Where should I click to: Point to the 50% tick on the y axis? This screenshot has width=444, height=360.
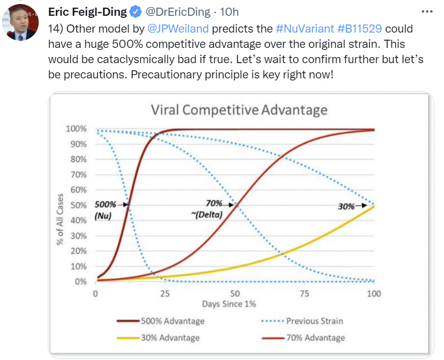coord(78,205)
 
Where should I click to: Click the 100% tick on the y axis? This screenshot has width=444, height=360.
coord(76,128)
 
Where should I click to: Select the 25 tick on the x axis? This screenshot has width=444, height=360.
coord(165,293)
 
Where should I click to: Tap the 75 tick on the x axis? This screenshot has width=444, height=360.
coord(304,293)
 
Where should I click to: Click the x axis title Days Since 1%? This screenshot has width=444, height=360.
coord(229,304)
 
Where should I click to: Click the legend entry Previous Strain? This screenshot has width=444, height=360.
coord(314,321)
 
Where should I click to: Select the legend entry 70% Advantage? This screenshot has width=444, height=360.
coord(315,338)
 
